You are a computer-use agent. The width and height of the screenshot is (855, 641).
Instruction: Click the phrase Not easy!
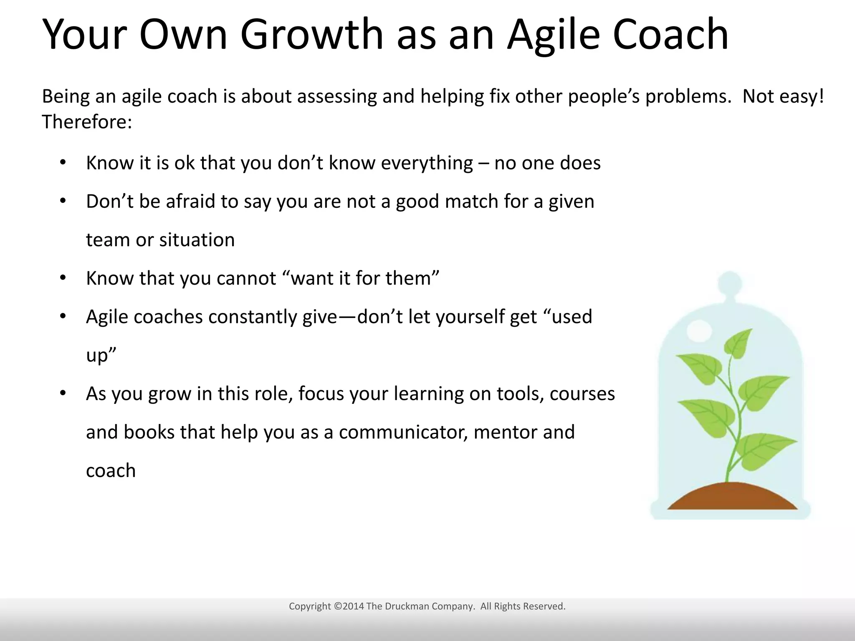783,96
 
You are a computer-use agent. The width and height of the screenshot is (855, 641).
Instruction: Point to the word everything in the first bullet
427,163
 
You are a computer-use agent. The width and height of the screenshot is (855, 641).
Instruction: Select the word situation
197,240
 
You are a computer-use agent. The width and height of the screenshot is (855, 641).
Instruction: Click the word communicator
403,432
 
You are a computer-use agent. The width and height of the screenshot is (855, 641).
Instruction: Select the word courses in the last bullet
582,394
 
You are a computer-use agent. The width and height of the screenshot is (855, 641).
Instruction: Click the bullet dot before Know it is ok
63,162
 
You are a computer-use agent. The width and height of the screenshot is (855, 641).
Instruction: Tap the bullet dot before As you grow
63,393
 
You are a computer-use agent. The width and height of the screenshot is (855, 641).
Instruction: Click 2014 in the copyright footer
353,606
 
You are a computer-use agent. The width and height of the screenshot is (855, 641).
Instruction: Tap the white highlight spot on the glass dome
699,331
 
